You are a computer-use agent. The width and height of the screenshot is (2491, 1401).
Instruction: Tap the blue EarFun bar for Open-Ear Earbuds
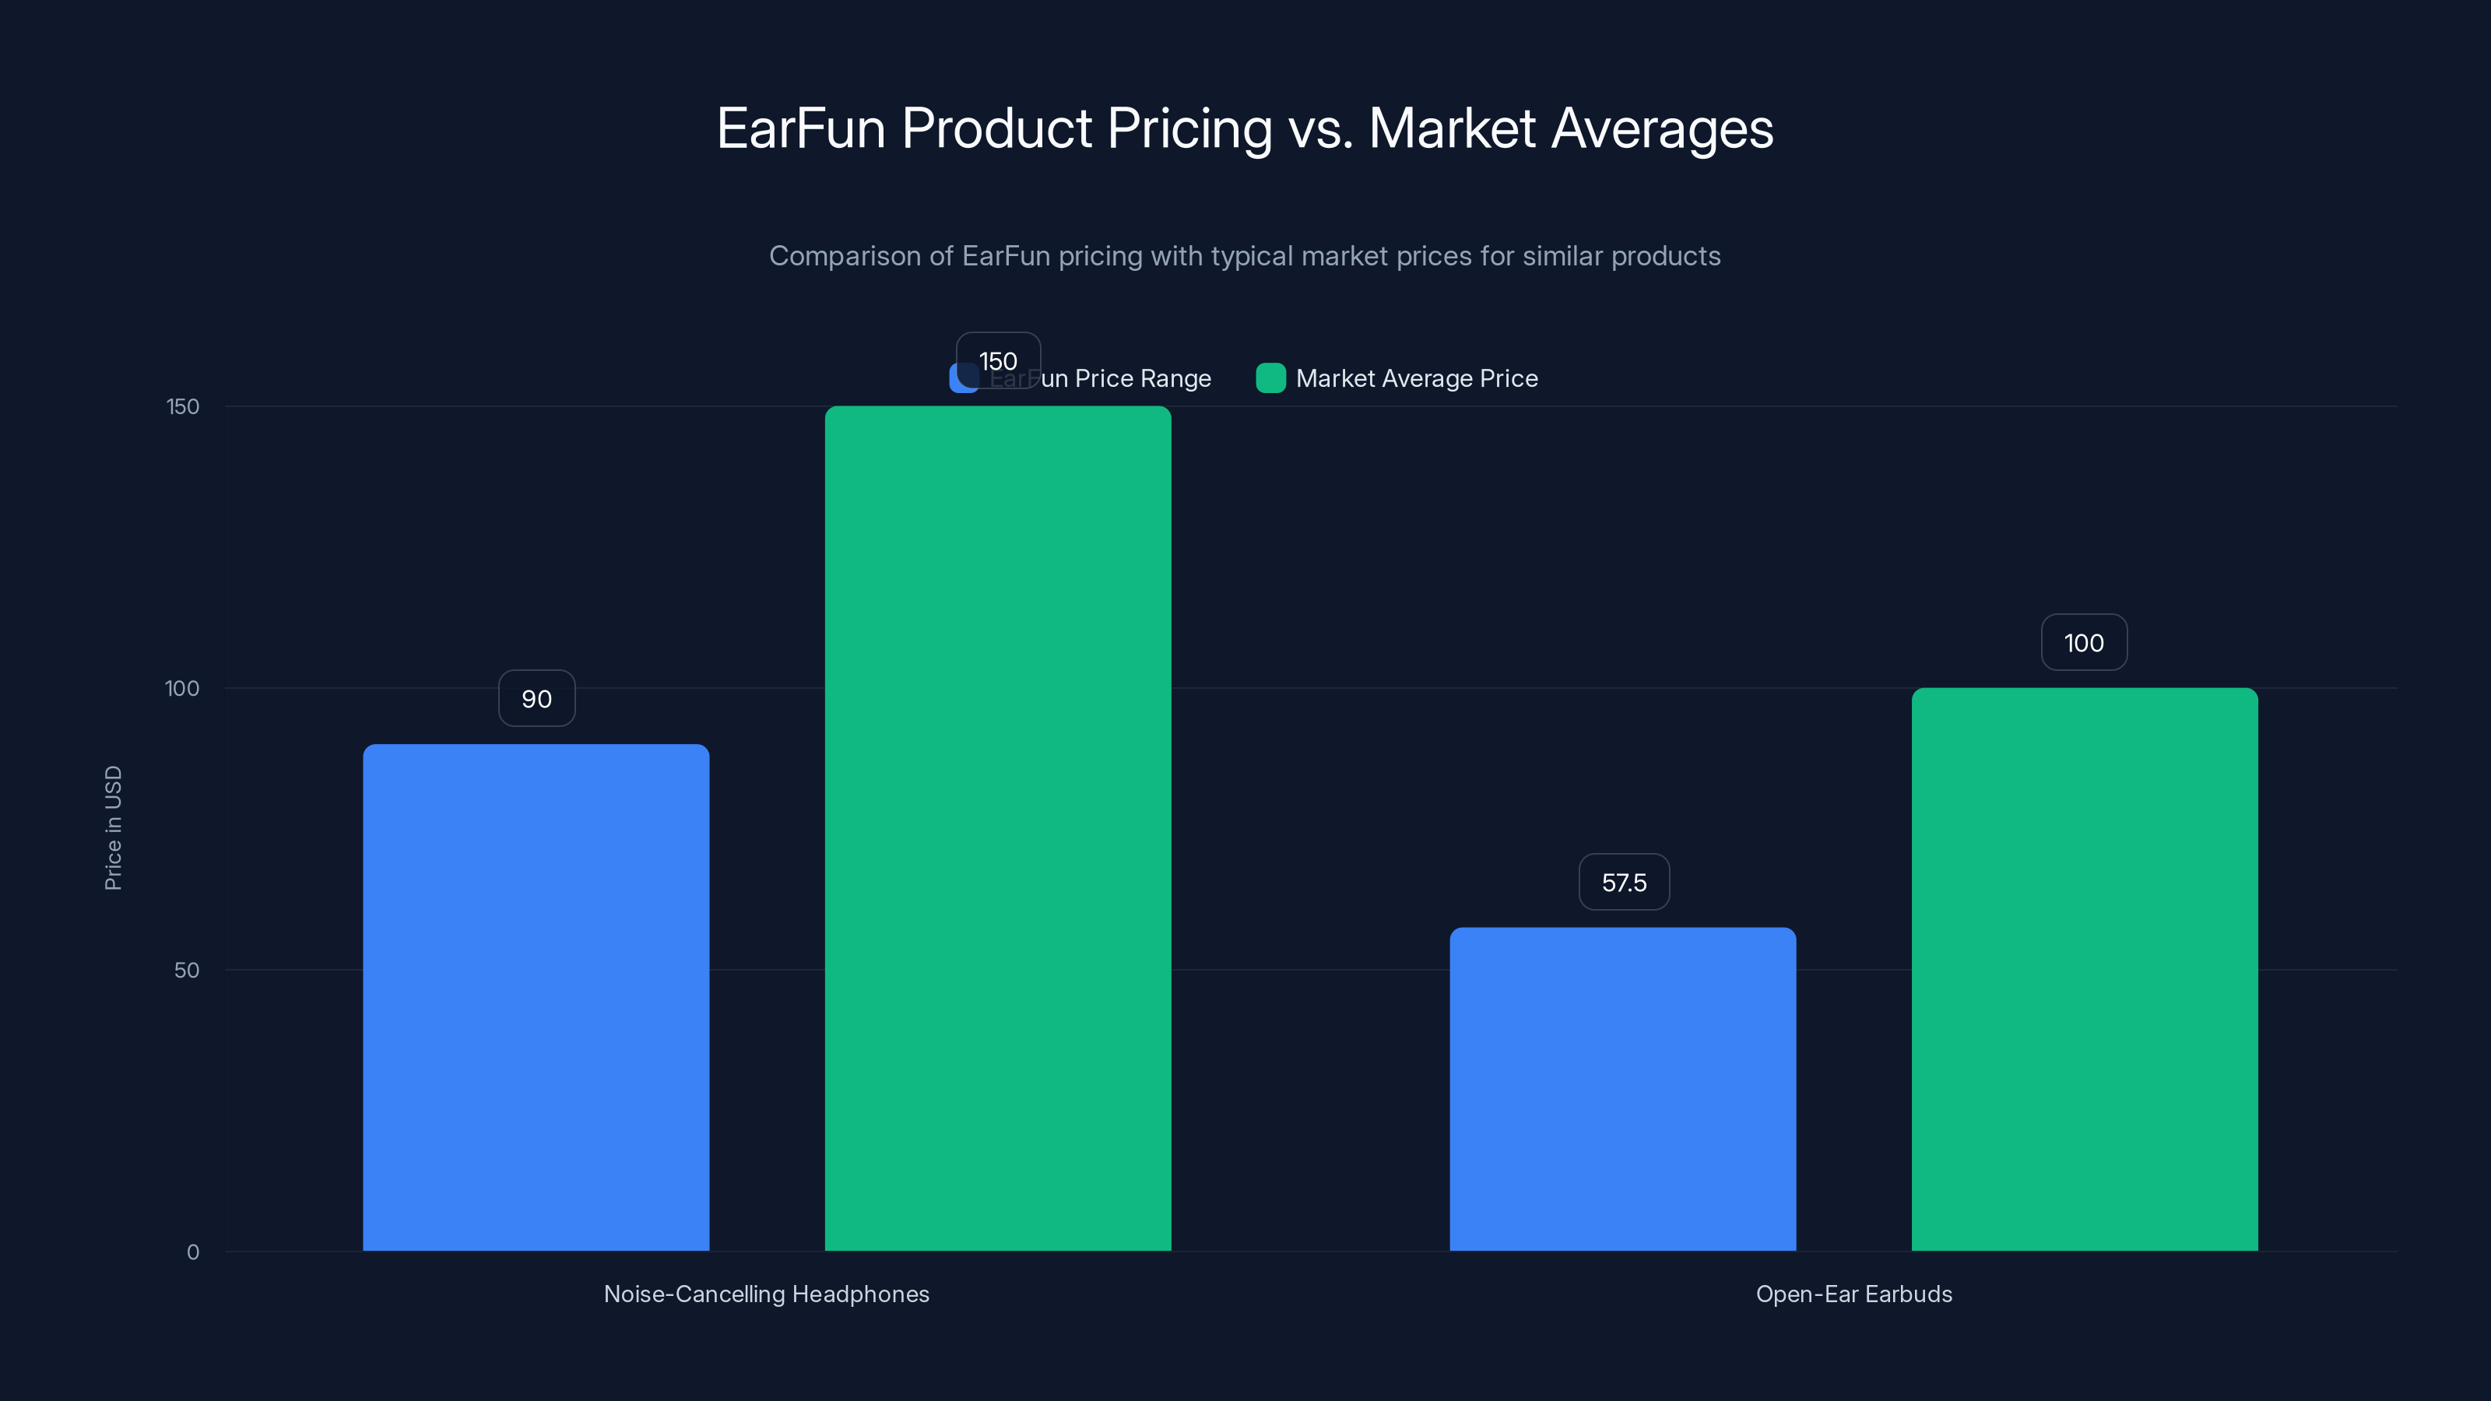1622,1089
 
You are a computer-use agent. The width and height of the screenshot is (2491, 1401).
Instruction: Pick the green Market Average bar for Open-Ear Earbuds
2084,969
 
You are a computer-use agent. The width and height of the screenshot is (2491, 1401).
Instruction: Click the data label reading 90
536,698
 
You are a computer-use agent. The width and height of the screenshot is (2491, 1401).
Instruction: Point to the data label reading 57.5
1624,882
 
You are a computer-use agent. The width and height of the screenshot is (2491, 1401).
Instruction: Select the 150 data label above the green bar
998,360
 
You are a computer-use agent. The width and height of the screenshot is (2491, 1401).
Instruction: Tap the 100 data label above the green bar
2084,643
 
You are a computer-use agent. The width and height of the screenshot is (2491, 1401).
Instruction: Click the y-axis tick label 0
192,1252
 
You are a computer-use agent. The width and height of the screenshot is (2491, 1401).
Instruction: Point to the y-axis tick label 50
187,970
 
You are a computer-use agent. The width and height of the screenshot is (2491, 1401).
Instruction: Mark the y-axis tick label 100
182,688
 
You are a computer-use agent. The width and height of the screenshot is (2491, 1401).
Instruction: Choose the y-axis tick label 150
183,406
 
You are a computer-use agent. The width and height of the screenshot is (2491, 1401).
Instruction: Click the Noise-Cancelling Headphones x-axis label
766,1294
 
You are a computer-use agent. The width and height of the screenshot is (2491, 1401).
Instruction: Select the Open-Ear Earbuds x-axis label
1853,1294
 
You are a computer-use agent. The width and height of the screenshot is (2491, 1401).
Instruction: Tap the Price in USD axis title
113,827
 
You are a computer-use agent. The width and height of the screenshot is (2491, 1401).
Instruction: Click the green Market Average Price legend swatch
1270,378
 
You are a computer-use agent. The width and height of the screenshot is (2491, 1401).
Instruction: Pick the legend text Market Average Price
1417,378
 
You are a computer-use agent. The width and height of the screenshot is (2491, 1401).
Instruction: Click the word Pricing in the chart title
1189,128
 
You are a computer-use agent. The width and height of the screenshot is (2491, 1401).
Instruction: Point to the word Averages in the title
1662,128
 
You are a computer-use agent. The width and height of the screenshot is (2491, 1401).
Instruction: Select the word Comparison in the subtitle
845,256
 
